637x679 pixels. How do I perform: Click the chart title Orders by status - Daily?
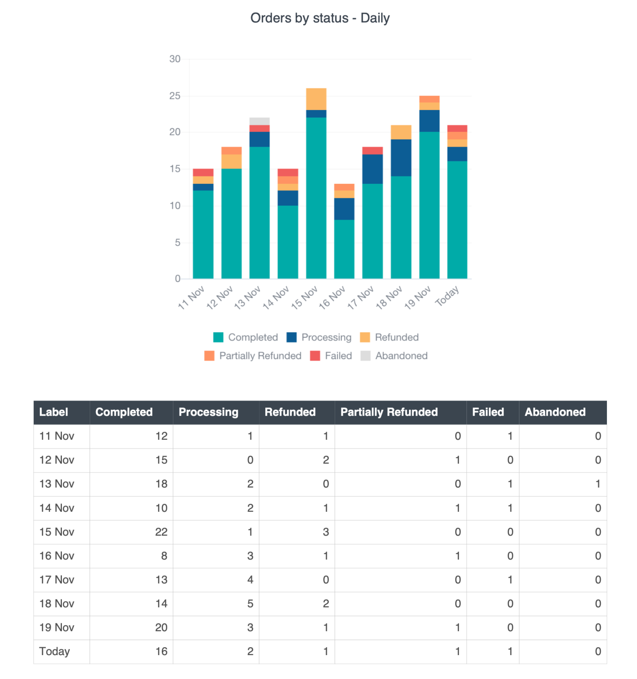tap(320, 18)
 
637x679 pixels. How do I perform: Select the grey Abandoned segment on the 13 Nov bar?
tap(259, 121)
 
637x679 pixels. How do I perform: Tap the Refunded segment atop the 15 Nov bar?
tap(316, 99)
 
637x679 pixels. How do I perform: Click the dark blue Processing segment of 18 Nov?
tap(401, 158)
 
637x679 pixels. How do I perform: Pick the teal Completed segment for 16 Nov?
tap(344, 249)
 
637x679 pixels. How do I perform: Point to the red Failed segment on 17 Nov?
tap(372, 150)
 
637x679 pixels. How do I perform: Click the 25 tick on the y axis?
tap(175, 96)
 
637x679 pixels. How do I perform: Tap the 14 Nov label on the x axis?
tap(276, 297)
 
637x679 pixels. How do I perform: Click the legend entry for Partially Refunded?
tap(260, 356)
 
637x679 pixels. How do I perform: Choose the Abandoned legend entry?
tap(401, 356)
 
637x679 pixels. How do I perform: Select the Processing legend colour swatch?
tap(292, 337)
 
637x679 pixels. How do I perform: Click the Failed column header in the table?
tap(488, 412)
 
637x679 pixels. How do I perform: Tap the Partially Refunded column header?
tap(389, 412)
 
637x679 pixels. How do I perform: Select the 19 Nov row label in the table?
tap(57, 627)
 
